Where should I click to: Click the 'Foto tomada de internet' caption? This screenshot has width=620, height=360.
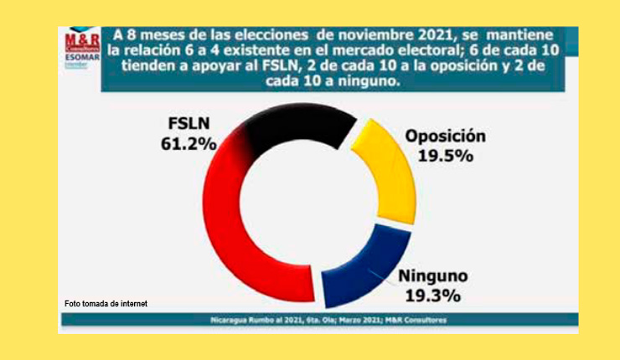coord(106,303)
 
